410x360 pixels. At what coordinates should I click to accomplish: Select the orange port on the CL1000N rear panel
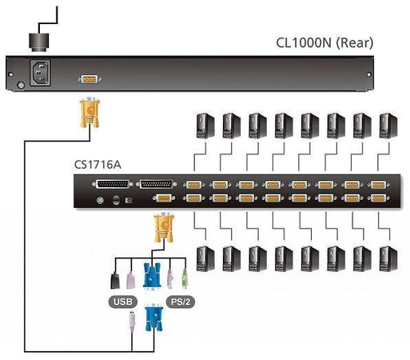[x=90, y=79]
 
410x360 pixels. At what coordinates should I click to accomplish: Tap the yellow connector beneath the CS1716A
[x=163, y=230]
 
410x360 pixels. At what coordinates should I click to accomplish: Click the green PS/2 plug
[x=185, y=277]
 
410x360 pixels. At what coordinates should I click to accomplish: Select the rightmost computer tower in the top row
[x=388, y=125]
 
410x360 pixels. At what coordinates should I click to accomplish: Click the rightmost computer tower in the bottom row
[x=388, y=258]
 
